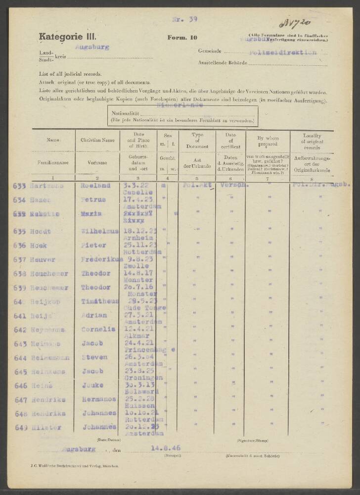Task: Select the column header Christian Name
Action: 97,140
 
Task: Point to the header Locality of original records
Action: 312,141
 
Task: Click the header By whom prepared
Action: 267,141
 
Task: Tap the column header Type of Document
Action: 196,141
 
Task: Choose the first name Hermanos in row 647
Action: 97,399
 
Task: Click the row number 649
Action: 21,427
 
